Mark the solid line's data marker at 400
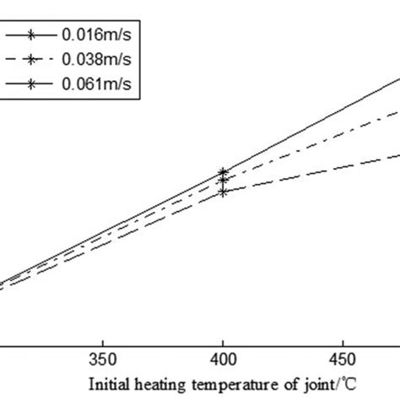pos(223,171)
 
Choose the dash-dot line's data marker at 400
pos(223,180)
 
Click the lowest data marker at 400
pos(223,192)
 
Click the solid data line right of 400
pos(312,125)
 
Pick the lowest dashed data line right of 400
pos(312,172)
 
